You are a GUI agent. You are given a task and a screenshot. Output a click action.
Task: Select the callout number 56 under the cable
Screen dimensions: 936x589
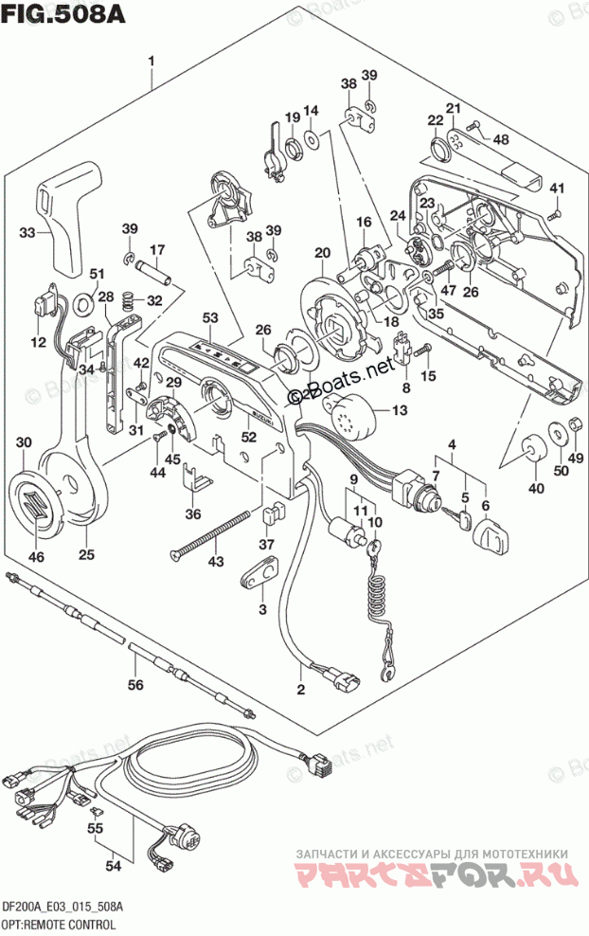tap(135, 685)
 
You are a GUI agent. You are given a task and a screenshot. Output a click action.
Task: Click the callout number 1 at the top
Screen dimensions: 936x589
tap(152, 63)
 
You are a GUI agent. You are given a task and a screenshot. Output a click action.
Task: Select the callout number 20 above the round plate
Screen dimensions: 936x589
tap(322, 253)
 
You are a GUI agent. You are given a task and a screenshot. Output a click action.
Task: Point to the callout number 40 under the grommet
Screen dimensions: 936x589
tap(536, 488)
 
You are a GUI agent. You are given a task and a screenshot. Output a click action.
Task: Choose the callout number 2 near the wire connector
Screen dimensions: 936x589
tap(301, 689)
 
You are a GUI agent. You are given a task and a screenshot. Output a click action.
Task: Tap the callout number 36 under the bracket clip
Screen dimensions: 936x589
tap(193, 514)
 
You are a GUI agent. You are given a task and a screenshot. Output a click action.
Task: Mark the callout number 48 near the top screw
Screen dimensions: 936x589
tap(500, 139)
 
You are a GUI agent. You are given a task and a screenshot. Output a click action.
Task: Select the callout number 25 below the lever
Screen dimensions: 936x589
tap(87, 555)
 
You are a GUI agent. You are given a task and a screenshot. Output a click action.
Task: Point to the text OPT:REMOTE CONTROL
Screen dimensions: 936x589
tap(59, 924)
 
